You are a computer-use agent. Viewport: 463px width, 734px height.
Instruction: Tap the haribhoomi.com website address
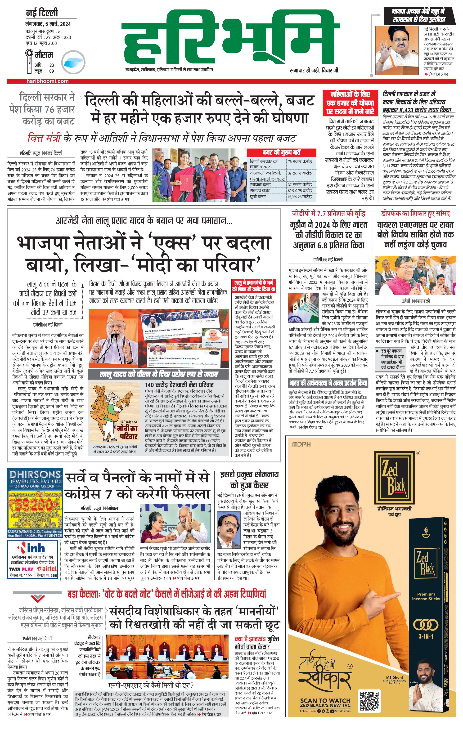click(47, 81)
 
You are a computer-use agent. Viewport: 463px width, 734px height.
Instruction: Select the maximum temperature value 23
click(52, 65)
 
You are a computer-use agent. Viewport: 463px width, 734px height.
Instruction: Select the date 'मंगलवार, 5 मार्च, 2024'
click(48, 24)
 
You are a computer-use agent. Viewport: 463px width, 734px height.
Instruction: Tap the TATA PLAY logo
click(21, 569)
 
